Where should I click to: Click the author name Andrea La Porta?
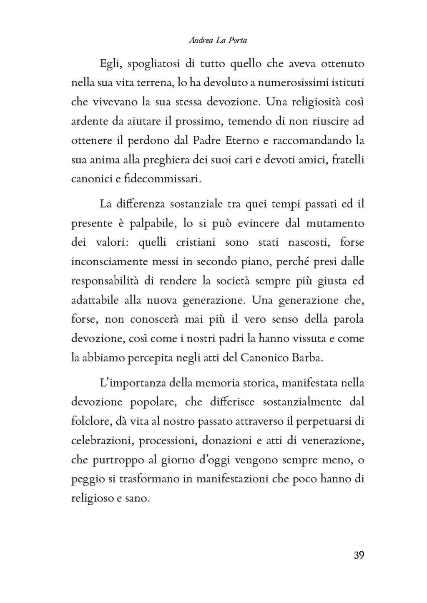pos(218,40)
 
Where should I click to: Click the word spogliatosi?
pos(153,65)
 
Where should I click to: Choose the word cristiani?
pos(195,242)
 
